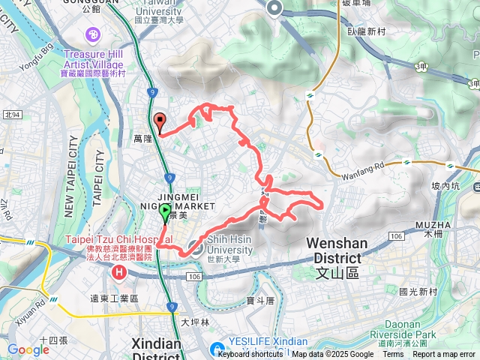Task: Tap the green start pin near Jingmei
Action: [x=164, y=213]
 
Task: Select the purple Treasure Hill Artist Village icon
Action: [x=93, y=34]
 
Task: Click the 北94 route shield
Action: [x=13, y=114]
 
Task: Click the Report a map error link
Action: [x=444, y=355]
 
